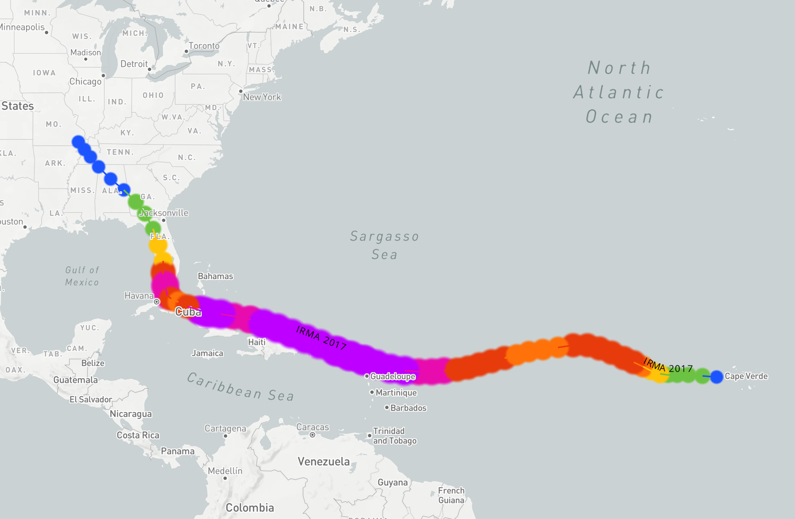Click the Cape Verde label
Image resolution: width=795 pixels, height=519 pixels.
click(x=746, y=376)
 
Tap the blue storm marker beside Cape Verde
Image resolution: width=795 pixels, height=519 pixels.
click(x=717, y=377)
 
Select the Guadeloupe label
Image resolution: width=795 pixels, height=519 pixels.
click(x=392, y=376)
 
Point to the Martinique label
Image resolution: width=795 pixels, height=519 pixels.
click(x=396, y=392)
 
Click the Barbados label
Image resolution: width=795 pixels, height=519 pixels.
click(x=408, y=408)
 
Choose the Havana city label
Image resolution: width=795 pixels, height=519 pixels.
click(x=138, y=296)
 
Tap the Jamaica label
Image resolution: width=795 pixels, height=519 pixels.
click(x=207, y=353)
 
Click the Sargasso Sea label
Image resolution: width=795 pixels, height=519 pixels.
click(x=384, y=245)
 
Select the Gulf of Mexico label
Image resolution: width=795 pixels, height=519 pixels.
click(x=82, y=276)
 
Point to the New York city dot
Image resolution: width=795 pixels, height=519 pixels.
click(x=241, y=91)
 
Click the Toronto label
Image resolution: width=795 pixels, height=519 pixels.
click(x=204, y=46)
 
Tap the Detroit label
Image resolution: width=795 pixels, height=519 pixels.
click(x=134, y=64)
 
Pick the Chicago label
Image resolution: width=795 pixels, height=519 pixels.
click(x=85, y=82)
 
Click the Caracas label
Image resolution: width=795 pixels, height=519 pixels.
click(x=312, y=427)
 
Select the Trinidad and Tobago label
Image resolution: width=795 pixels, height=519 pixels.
click(x=394, y=436)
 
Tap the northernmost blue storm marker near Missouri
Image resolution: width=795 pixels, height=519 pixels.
click(x=78, y=141)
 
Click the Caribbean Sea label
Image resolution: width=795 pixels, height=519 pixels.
click(x=240, y=387)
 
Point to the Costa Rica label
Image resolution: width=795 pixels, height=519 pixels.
click(x=138, y=435)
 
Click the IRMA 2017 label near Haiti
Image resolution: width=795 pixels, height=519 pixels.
click(x=321, y=338)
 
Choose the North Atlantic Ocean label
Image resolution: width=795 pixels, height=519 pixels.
click(x=619, y=92)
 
